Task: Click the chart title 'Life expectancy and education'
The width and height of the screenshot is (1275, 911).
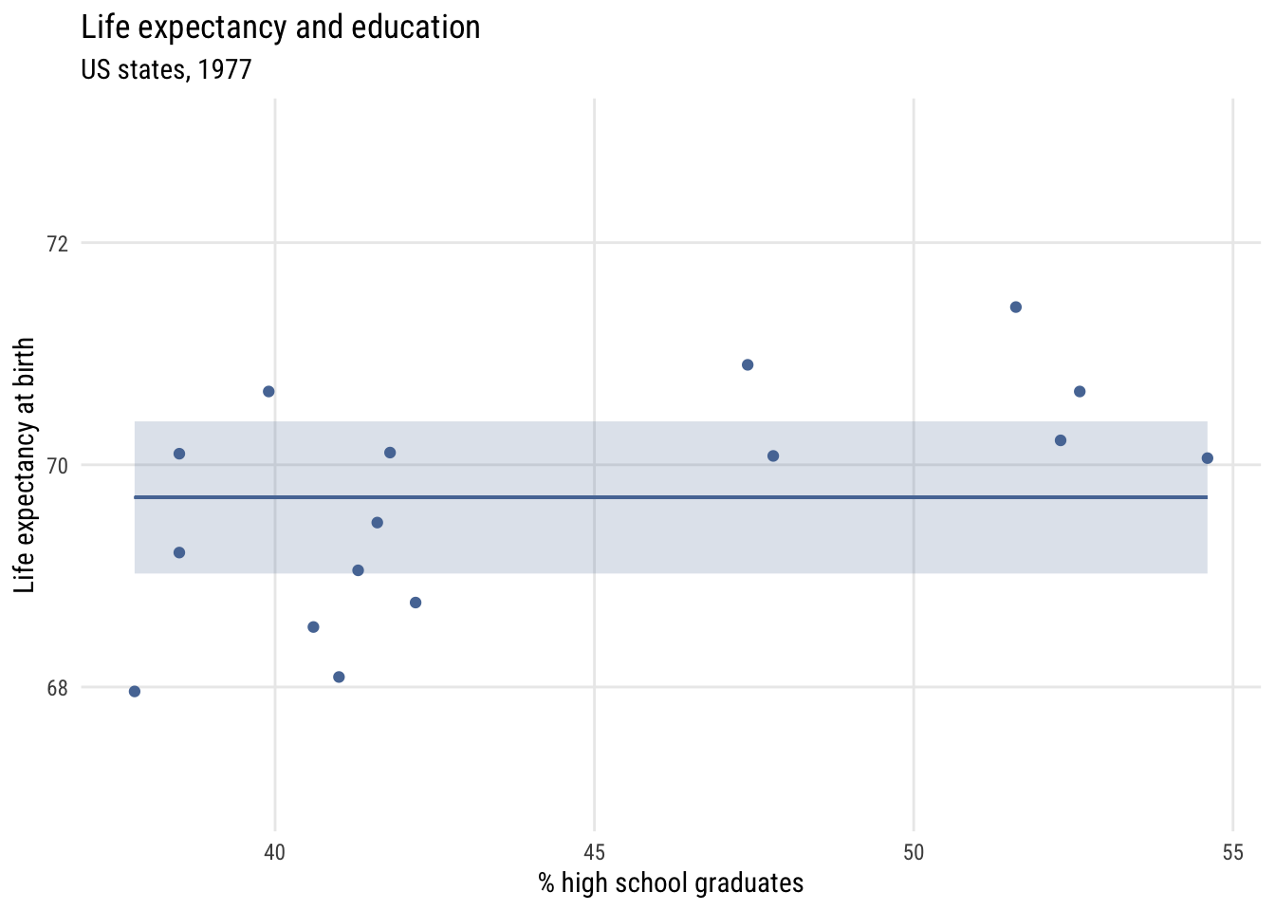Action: click(281, 28)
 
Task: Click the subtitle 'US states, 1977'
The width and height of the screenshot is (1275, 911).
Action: click(166, 70)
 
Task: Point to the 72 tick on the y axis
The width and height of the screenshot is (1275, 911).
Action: click(58, 243)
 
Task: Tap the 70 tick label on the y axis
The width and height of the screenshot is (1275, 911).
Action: click(58, 465)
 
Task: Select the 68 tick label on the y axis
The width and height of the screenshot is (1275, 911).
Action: click(58, 687)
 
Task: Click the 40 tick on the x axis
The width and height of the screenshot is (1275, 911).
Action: click(274, 852)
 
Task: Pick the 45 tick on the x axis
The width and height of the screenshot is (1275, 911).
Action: click(594, 852)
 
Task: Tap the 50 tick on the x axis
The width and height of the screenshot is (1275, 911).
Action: click(914, 852)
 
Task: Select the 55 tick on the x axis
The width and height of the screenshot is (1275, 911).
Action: click(1232, 852)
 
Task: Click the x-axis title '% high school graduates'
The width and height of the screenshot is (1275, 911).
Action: click(671, 883)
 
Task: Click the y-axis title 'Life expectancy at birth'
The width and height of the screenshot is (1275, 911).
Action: click(26, 465)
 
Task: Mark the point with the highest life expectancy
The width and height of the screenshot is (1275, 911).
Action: click(1016, 307)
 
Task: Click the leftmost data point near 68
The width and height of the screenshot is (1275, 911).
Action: click(135, 691)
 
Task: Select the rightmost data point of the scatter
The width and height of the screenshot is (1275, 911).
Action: click(1208, 458)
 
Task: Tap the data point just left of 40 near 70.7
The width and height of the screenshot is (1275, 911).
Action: click(268, 391)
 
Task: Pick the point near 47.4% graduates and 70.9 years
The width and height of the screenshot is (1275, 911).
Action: click(748, 364)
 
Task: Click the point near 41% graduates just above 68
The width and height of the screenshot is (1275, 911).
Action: click(339, 677)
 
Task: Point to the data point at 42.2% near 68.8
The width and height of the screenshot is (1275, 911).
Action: click(416, 603)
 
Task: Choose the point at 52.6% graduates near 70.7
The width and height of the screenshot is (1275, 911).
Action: click(1080, 391)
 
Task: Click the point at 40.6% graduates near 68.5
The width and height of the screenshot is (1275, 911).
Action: click(313, 626)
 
